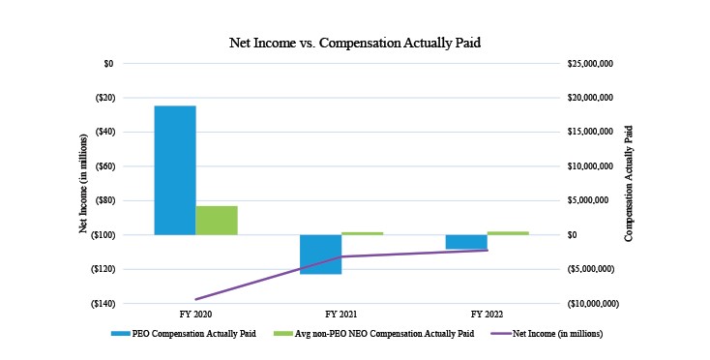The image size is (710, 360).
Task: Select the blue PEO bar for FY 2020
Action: [x=175, y=169]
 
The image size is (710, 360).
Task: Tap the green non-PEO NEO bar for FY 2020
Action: [x=217, y=220]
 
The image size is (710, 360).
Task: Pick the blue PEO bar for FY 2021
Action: [x=320, y=254]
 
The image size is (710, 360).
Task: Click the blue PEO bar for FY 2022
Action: [x=466, y=242]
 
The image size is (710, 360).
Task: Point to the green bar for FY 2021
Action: [x=362, y=233]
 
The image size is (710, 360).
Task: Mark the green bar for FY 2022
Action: [x=508, y=233]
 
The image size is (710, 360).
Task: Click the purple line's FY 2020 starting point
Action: [x=196, y=299]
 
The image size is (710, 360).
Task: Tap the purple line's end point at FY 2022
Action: [x=487, y=250]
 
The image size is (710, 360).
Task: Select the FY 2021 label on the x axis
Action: [x=341, y=315]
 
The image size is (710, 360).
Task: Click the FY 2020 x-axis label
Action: [x=196, y=315]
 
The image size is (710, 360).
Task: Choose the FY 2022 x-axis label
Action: [x=487, y=315]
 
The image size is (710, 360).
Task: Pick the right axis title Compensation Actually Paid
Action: [x=629, y=182]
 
